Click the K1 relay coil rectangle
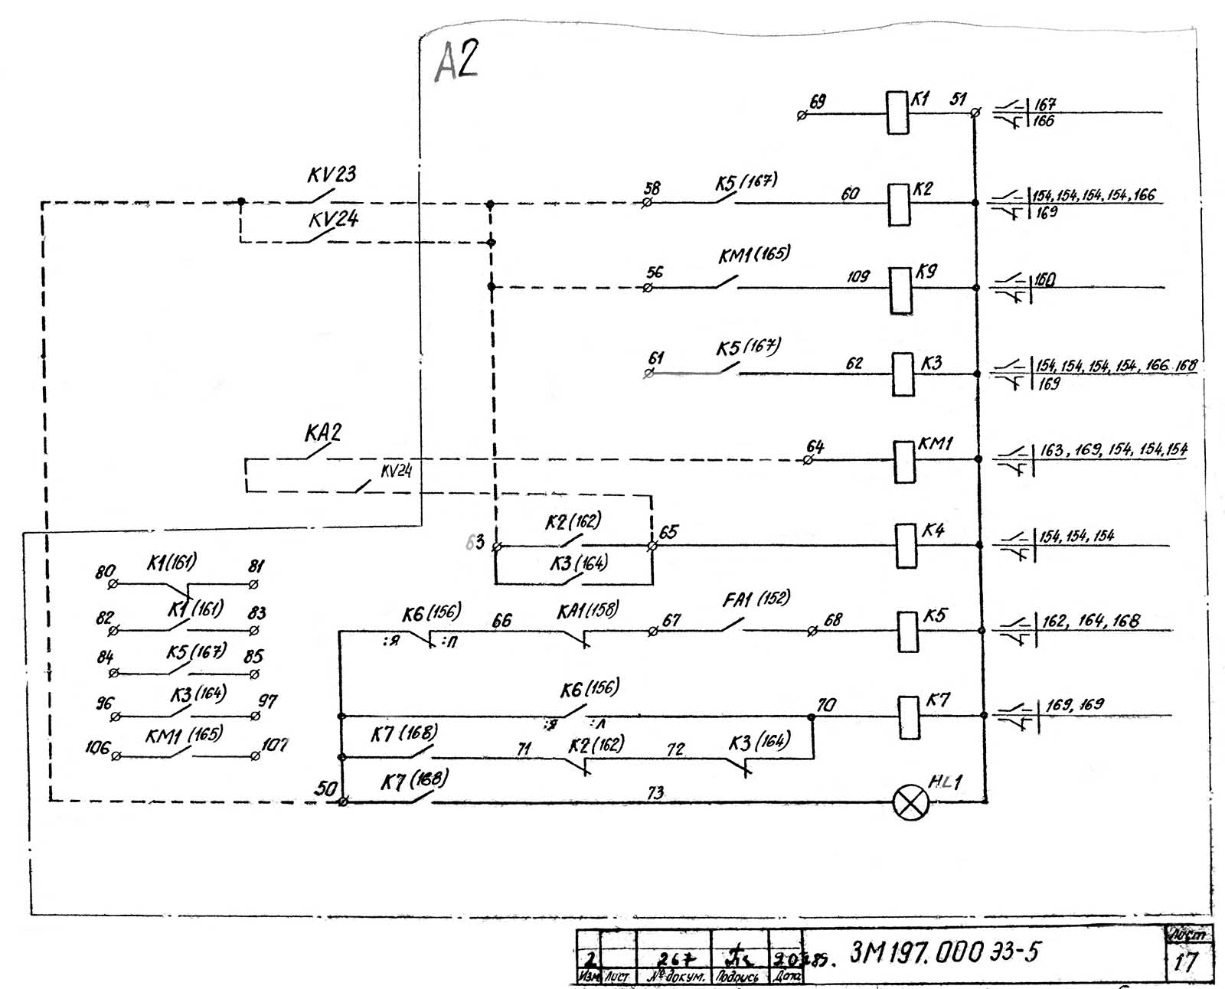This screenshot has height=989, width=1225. click(x=897, y=113)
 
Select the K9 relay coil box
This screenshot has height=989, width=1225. click(x=901, y=290)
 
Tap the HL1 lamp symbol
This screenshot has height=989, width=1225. click(x=911, y=802)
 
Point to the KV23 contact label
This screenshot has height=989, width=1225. click(x=332, y=175)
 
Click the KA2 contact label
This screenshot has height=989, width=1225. click(x=323, y=433)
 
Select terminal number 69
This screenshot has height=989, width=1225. click(x=818, y=102)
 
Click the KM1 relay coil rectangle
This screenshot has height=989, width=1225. click(x=905, y=462)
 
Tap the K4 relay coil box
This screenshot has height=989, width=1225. click(x=906, y=546)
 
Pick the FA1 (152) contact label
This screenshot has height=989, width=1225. click(x=756, y=599)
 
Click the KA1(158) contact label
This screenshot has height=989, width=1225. click(x=587, y=611)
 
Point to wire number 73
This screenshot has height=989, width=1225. click(x=655, y=793)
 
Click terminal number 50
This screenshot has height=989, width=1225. click(x=326, y=788)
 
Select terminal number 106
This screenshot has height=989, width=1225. click(x=97, y=747)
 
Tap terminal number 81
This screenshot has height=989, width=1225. click(x=256, y=566)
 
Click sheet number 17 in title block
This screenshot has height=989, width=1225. click(x=1186, y=962)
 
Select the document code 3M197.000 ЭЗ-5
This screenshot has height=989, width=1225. click(x=945, y=953)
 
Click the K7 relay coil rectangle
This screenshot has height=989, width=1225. click(x=909, y=717)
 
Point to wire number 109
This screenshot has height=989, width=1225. click(x=858, y=276)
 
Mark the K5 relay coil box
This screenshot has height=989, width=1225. click(x=907, y=632)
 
